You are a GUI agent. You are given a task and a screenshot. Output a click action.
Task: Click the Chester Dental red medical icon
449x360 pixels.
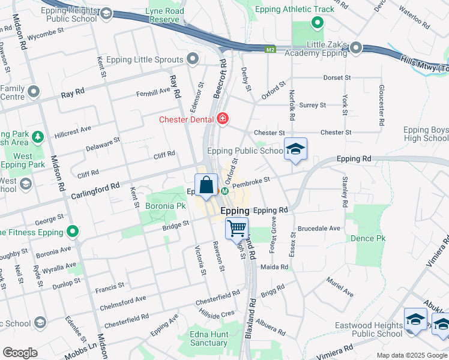tap(223, 119)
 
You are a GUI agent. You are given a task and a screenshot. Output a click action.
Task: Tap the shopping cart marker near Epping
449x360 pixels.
tap(237, 228)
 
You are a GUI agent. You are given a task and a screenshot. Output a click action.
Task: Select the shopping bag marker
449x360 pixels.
tap(206, 185)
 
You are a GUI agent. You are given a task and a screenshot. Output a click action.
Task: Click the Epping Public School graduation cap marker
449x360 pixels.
tap(295, 149)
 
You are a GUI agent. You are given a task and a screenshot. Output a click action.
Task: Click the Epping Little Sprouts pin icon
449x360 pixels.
tap(193, 59)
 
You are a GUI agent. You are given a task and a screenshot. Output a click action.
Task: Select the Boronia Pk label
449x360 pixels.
tap(165, 206)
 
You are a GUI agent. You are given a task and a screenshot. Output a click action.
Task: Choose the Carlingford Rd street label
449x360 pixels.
tap(95, 191)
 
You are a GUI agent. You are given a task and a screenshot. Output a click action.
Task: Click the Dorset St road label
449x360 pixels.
tap(337, 77)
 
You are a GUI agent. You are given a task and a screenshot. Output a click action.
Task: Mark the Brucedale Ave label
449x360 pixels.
tap(319, 228)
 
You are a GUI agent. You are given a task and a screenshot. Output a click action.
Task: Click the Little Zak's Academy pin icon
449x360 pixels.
tap(356, 47)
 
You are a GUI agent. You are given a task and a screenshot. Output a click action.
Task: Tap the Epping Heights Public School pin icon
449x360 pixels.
tap(106, 14)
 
